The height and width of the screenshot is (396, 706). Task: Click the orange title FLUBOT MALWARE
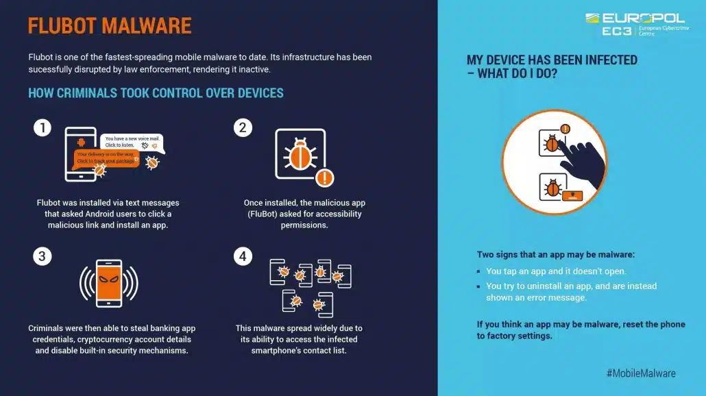110,25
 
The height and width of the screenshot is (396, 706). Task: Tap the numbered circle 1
42,128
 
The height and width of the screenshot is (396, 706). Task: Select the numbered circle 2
243,128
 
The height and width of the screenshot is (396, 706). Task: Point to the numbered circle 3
42,256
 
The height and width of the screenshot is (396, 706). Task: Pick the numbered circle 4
243,256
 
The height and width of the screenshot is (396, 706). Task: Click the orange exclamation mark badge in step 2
325,177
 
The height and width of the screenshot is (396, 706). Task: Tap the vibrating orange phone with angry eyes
109,284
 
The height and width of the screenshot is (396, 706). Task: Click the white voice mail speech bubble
132,143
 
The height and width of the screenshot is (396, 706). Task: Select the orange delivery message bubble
106,158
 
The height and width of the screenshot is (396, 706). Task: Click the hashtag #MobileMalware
641,373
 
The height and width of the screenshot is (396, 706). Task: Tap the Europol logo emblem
592,18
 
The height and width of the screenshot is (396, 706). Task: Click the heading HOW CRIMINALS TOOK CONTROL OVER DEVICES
156,93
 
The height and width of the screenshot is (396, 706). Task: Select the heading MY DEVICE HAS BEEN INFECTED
552,66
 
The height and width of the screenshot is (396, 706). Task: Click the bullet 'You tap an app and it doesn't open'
556,271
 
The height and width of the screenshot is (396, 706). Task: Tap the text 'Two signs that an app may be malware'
556,255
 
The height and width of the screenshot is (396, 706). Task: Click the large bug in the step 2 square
300,154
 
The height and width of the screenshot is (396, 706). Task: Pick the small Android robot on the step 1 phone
81,143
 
